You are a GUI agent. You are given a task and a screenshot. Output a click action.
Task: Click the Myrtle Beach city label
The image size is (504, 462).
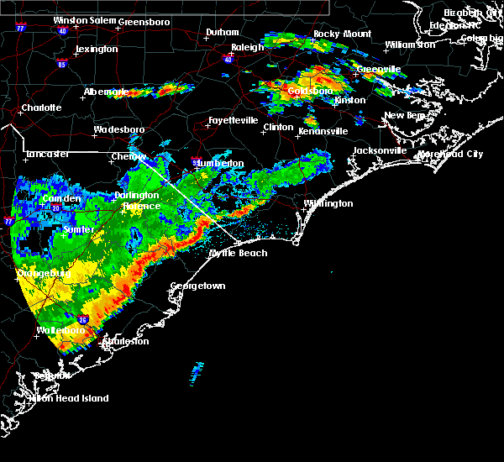click(238, 253)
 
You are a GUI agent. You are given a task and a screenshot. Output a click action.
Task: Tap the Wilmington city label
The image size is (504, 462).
click(328, 203)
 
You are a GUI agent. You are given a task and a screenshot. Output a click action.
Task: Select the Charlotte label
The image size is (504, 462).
click(41, 108)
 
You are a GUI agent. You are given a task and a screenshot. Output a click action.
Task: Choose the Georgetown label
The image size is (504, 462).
click(198, 286)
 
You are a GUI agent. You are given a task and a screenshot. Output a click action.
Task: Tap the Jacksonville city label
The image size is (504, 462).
click(380, 150)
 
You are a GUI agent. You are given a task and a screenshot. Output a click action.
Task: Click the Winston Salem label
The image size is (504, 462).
click(84, 20)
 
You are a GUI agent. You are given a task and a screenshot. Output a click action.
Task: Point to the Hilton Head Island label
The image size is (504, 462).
click(71, 398)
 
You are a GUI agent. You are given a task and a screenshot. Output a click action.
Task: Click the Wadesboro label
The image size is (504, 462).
click(118, 130)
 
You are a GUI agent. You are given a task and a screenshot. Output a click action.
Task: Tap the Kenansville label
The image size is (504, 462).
click(321, 131)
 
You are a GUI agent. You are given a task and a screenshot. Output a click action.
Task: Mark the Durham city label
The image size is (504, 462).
click(223, 33)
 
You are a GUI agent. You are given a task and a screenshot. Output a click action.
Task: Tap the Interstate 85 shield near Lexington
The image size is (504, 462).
click(62, 63)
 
